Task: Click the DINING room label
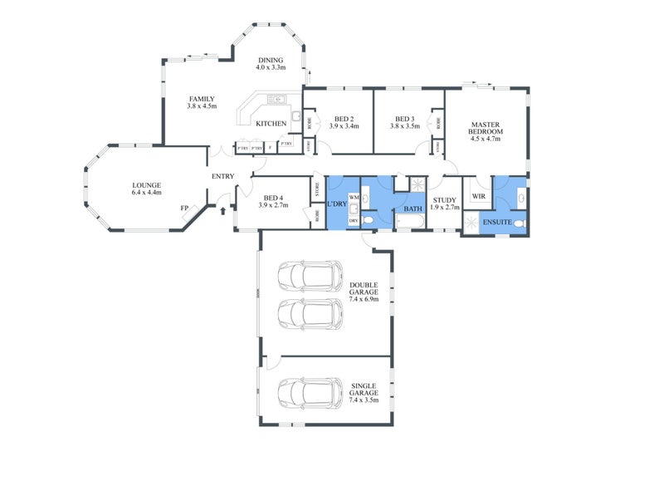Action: pos(271,60)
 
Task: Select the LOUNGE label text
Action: pos(146,185)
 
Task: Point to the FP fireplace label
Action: pos(183,209)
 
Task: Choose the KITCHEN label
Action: pos(271,124)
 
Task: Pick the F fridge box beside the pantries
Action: pos(271,148)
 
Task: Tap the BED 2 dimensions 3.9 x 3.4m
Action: pos(344,126)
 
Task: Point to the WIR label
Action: pos(477,197)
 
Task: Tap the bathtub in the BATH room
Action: pos(409,221)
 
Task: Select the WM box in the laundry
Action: pos(352,197)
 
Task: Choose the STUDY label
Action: pos(446,199)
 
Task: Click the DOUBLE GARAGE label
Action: pos(364,288)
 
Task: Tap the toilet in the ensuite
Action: pos(518,223)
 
